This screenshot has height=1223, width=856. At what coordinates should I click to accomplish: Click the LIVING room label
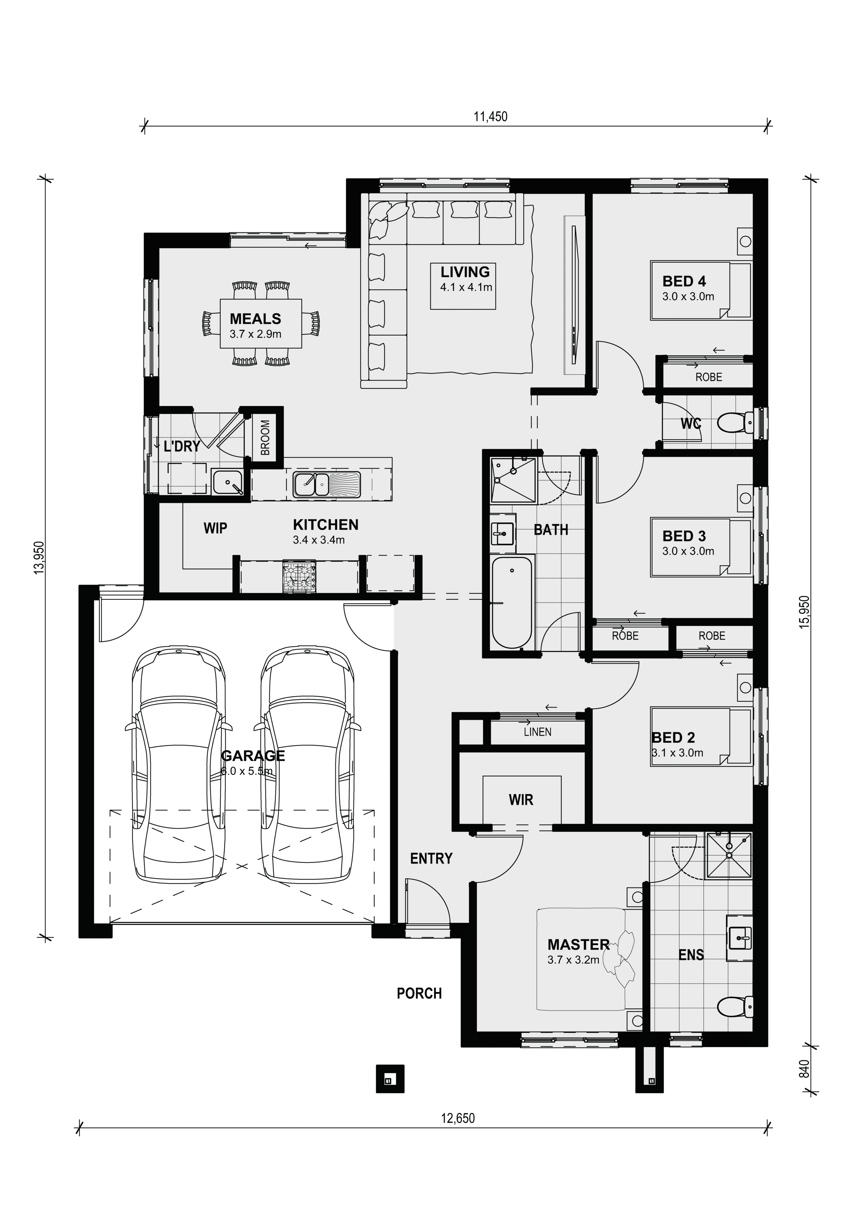tap(465, 272)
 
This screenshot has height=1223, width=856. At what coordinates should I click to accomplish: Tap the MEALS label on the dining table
tap(255, 319)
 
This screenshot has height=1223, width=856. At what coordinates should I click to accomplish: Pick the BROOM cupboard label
tap(265, 438)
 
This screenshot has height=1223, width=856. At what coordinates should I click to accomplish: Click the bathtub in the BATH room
tap(512, 602)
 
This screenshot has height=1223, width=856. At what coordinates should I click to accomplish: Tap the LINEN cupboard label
tap(537, 732)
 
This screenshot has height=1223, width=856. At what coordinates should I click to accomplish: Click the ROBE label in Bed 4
tap(708, 377)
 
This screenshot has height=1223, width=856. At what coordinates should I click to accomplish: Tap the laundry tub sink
tap(228, 483)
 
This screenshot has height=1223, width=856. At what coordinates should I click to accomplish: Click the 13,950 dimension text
tap(39, 558)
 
